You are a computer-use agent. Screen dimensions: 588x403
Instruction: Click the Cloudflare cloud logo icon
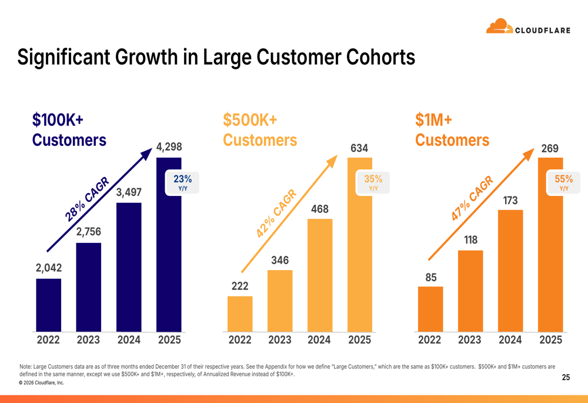pos(499,26)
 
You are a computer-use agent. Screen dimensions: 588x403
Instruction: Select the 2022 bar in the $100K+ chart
pos(48,305)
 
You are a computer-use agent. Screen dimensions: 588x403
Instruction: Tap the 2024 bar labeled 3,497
pos(129,267)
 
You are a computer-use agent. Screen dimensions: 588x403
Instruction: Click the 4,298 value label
pos(169,146)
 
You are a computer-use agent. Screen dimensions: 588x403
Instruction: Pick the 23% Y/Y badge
pos(182,183)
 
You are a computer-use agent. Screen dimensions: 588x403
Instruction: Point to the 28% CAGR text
pos(87,199)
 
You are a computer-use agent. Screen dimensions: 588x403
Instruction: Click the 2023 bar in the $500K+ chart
pos(280,301)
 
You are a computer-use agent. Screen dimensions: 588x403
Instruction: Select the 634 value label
pos(359,148)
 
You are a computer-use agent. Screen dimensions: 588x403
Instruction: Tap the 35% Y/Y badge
pos(373,183)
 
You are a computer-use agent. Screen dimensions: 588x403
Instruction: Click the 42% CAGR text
pos(276,213)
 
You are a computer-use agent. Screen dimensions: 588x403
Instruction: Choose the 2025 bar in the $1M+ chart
pos(550,245)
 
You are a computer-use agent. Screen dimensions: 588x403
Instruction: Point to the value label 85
pos(431,277)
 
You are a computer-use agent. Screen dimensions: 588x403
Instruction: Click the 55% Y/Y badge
pos(564,183)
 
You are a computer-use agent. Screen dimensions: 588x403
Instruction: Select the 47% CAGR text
pos(472,198)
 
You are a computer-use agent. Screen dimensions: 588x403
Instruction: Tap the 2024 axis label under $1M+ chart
pos(510,339)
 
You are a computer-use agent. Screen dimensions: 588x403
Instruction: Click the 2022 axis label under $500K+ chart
pos(240,339)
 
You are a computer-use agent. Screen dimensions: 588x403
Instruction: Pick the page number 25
pos(566,377)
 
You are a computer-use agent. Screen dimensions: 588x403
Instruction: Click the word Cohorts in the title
pos(380,58)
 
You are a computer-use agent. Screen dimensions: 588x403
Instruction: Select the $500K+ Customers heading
pos(260,130)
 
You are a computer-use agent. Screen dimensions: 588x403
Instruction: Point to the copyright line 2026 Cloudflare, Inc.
pos(42,383)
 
